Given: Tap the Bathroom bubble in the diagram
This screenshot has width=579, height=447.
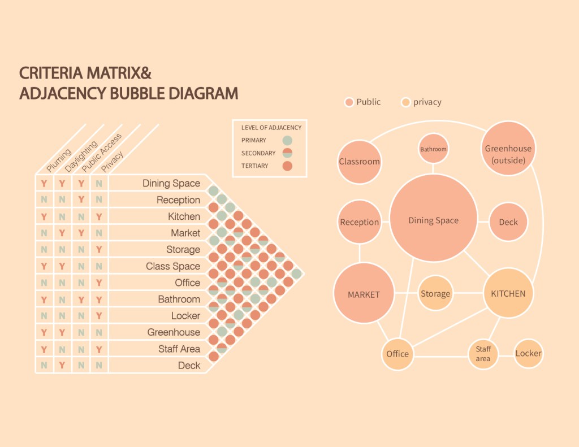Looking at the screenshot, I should pyautogui.click(x=433, y=149).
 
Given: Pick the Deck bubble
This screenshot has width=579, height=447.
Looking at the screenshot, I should pyautogui.click(x=508, y=222).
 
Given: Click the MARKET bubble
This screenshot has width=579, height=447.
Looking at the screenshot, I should pyautogui.click(x=364, y=294).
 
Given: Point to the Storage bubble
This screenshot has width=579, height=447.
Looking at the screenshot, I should pyautogui.click(x=435, y=293).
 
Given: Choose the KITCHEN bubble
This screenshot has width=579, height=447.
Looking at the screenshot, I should pyautogui.click(x=508, y=293).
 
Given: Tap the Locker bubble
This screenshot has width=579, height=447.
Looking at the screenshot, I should pyautogui.click(x=528, y=353).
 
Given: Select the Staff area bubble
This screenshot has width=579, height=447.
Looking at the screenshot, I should pyautogui.click(x=483, y=354).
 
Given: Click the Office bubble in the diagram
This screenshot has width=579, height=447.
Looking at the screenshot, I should pyautogui.click(x=397, y=354).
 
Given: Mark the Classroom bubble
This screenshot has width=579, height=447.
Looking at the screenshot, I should pyautogui.click(x=359, y=162).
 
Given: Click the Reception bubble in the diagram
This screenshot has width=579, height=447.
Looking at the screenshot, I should pyautogui.click(x=359, y=222).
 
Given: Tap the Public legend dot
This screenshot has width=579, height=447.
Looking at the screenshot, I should pyautogui.click(x=349, y=102).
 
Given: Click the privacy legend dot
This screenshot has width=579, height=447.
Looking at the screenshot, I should pyautogui.click(x=405, y=102).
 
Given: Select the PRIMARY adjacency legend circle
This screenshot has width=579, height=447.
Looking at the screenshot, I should pyautogui.click(x=287, y=140).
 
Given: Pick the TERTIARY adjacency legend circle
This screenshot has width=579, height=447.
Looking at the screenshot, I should pyautogui.click(x=287, y=166).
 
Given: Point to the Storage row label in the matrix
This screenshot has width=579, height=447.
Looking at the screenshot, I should pyautogui.click(x=183, y=249).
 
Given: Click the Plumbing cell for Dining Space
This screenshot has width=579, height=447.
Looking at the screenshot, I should pyautogui.click(x=44, y=183).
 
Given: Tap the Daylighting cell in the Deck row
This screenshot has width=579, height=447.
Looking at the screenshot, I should pyautogui.click(x=62, y=365).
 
